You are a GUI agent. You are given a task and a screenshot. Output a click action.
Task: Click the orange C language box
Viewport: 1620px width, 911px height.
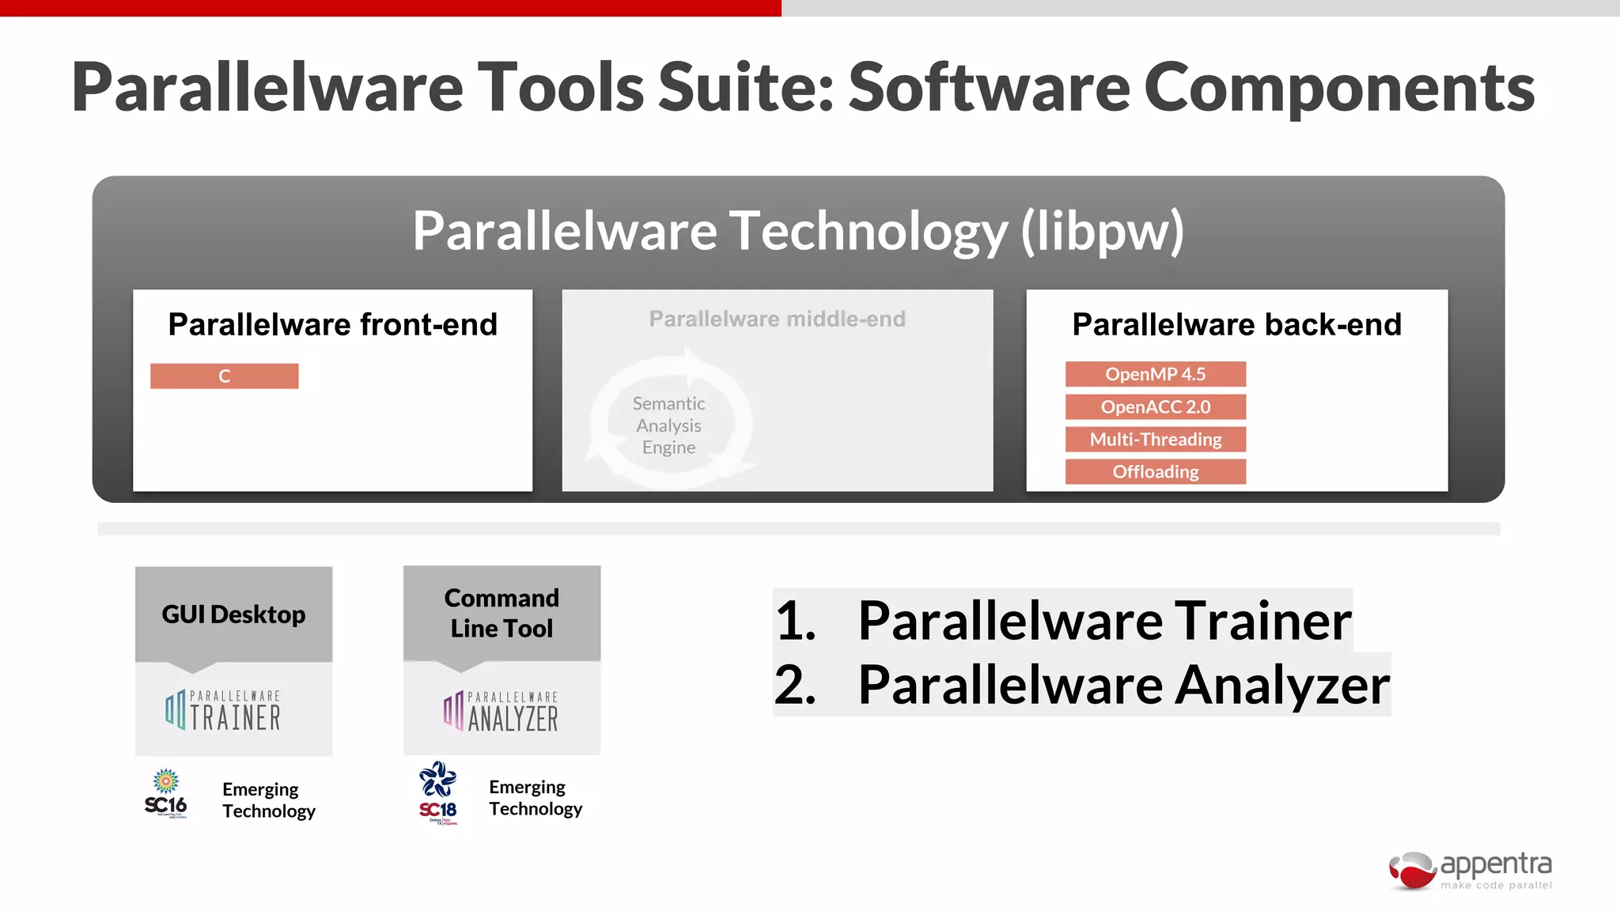224,376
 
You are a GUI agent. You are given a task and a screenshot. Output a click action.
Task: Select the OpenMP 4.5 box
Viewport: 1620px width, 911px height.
1155,374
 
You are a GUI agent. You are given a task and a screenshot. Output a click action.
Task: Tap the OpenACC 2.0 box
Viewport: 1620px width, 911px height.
1155,406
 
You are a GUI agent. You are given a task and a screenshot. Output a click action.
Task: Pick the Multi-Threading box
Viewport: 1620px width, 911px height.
1155,439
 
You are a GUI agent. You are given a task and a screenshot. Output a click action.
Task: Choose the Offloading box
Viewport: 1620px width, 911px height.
1155,472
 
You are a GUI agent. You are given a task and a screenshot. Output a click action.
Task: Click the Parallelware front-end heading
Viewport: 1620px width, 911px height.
332,324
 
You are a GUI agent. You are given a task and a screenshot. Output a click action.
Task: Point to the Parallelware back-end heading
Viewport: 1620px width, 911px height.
1236,324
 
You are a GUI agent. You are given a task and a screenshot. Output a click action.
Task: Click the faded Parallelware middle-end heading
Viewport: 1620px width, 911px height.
777,319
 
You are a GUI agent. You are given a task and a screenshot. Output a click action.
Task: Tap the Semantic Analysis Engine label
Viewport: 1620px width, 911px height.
669,425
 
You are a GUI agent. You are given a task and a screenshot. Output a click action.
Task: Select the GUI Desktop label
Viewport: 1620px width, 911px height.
233,614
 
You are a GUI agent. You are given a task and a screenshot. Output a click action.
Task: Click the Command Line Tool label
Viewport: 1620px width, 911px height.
502,613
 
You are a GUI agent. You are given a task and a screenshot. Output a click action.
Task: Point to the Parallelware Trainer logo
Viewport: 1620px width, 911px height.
224,710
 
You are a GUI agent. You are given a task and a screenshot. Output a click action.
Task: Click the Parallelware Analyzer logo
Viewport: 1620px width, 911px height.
502,711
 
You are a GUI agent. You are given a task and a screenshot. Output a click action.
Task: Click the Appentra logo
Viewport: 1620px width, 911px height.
1471,871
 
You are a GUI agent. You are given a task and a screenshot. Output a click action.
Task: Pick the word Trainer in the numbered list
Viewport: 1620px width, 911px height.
1262,621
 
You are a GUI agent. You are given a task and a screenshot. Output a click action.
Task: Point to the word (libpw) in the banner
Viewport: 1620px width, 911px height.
1103,231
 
